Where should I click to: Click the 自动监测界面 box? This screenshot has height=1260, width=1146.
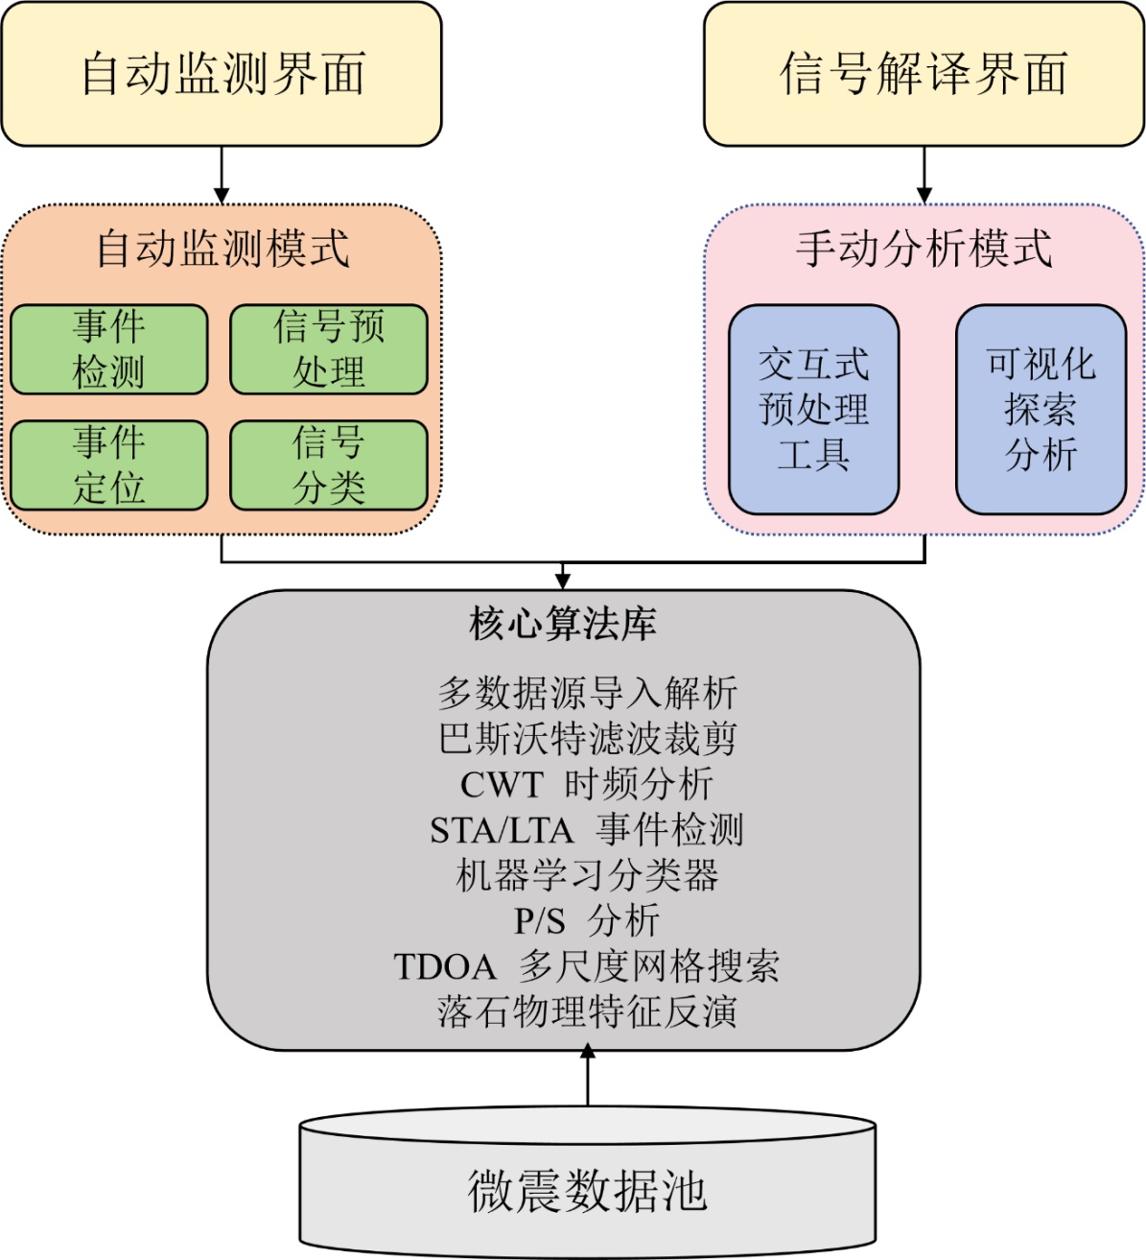pos(222,74)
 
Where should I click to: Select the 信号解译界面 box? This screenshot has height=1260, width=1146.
pos(924,74)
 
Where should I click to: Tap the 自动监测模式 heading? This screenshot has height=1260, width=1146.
pos(222,249)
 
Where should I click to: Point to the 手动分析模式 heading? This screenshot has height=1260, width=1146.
pos(924,249)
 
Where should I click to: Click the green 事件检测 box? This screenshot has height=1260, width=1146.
pos(108,349)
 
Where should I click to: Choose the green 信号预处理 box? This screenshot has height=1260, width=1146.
pos(329,349)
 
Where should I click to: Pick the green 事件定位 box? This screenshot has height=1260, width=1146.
pos(108,465)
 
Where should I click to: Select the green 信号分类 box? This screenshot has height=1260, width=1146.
pos(329,465)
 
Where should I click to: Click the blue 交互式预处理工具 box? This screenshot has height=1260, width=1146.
pos(813,410)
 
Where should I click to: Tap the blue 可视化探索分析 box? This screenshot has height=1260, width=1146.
pos(1041,410)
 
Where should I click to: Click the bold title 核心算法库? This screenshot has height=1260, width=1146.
pos(563,624)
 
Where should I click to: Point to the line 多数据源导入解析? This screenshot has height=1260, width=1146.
pos(587,692)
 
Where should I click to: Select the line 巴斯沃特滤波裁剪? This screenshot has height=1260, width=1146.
pos(587,738)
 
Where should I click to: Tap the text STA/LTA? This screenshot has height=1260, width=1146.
pos(501,830)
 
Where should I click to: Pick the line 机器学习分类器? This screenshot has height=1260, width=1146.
pos(587,875)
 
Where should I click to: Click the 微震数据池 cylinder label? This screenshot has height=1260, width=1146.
pos(587,1191)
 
